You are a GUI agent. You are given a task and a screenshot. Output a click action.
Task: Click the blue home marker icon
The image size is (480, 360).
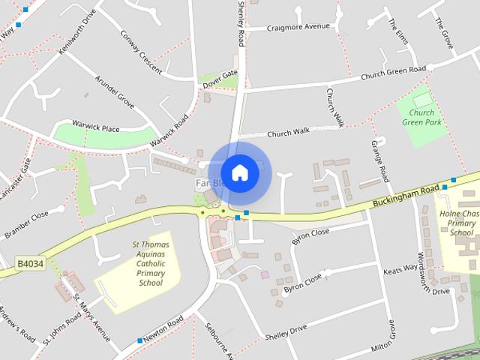(239, 172)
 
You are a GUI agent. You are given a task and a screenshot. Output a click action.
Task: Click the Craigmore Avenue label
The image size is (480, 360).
(298, 27)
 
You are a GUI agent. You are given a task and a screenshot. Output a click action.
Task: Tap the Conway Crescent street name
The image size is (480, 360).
(141, 52)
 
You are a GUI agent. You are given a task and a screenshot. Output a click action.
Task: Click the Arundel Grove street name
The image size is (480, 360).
(114, 91)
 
